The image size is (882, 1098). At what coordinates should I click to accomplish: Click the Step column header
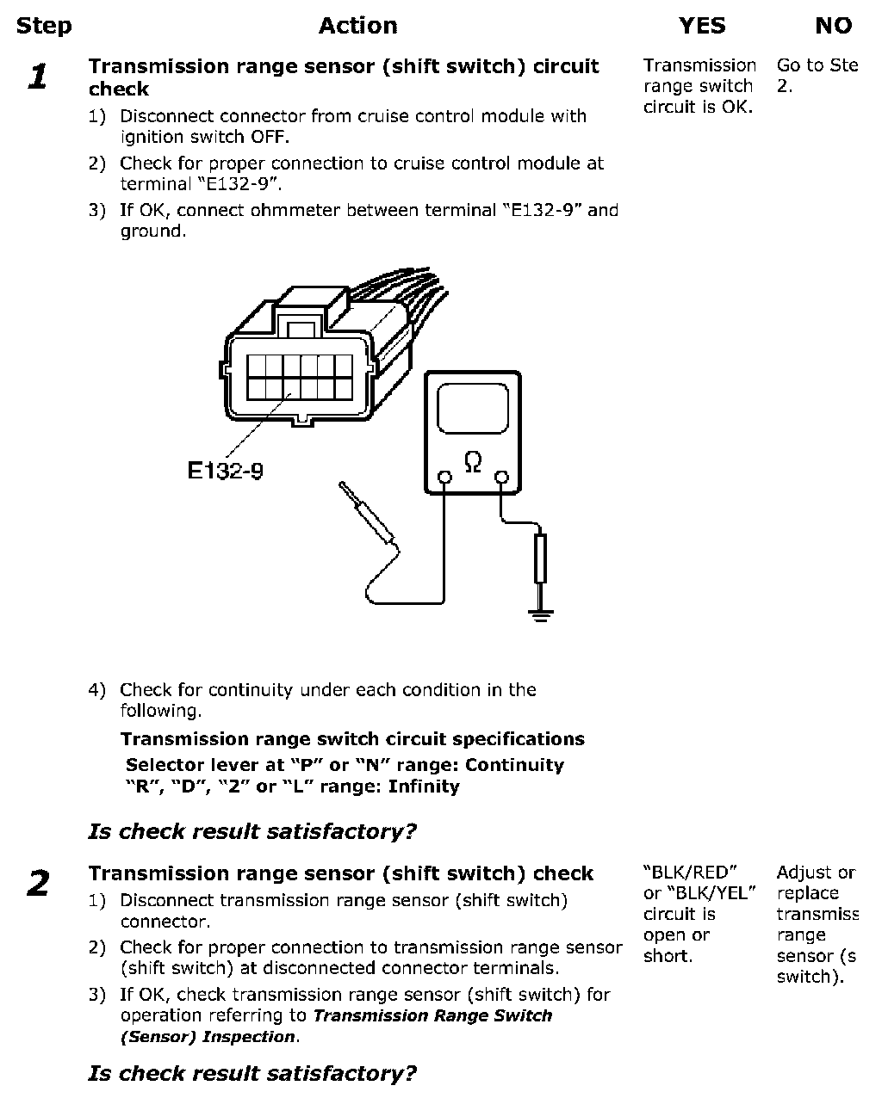point(44,26)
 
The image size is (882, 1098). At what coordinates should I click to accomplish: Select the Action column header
point(357,26)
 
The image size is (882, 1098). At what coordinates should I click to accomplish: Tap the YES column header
point(702,26)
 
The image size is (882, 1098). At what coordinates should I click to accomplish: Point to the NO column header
point(833,26)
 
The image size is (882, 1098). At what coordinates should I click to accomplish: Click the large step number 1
point(37,77)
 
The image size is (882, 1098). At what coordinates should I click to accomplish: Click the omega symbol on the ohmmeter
point(473,463)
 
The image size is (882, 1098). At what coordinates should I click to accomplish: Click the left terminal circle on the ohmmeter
point(444,478)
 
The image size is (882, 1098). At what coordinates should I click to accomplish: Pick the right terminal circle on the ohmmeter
point(501,478)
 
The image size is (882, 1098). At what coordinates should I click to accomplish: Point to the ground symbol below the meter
point(540,614)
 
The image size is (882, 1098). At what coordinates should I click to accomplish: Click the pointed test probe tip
point(345,488)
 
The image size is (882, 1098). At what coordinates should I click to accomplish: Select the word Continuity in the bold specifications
point(514,765)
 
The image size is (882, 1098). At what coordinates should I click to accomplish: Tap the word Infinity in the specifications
point(424,786)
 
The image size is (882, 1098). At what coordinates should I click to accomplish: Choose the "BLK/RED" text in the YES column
point(690,873)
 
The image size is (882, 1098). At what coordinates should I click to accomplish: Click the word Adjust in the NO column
point(804,873)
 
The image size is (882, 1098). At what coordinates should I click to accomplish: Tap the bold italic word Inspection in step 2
point(248,1037)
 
